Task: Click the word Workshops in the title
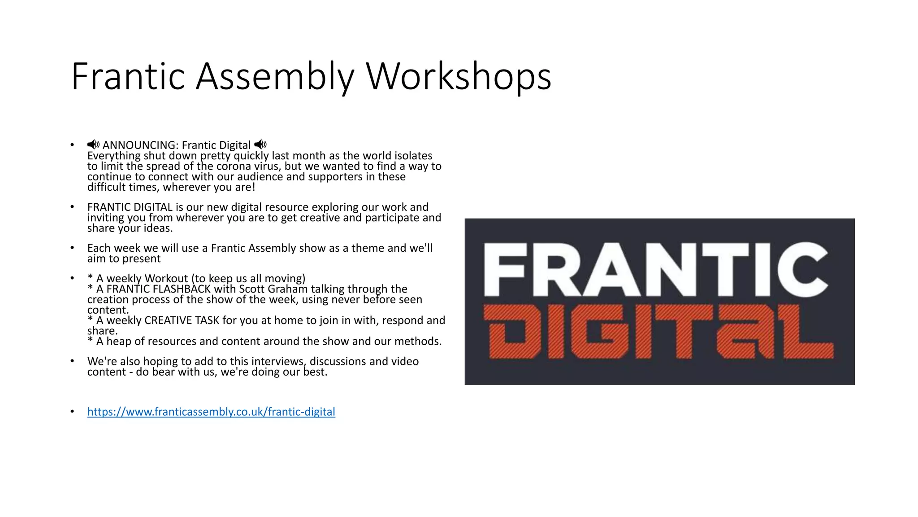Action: tap(459, 76)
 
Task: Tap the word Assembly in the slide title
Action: tap(275, 76)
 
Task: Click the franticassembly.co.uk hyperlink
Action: tap(211, 412)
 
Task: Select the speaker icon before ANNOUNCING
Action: tap(93, 145)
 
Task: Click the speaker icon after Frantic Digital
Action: tap(260, 145)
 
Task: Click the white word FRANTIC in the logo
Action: tap(656, 269)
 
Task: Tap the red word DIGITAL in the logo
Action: tap(658, 332)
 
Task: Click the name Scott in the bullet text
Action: tap(252, 289)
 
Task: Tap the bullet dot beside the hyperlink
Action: tap(72, 412)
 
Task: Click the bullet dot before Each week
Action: tap(72, 248)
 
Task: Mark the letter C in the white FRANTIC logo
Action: tap(802, 269)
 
